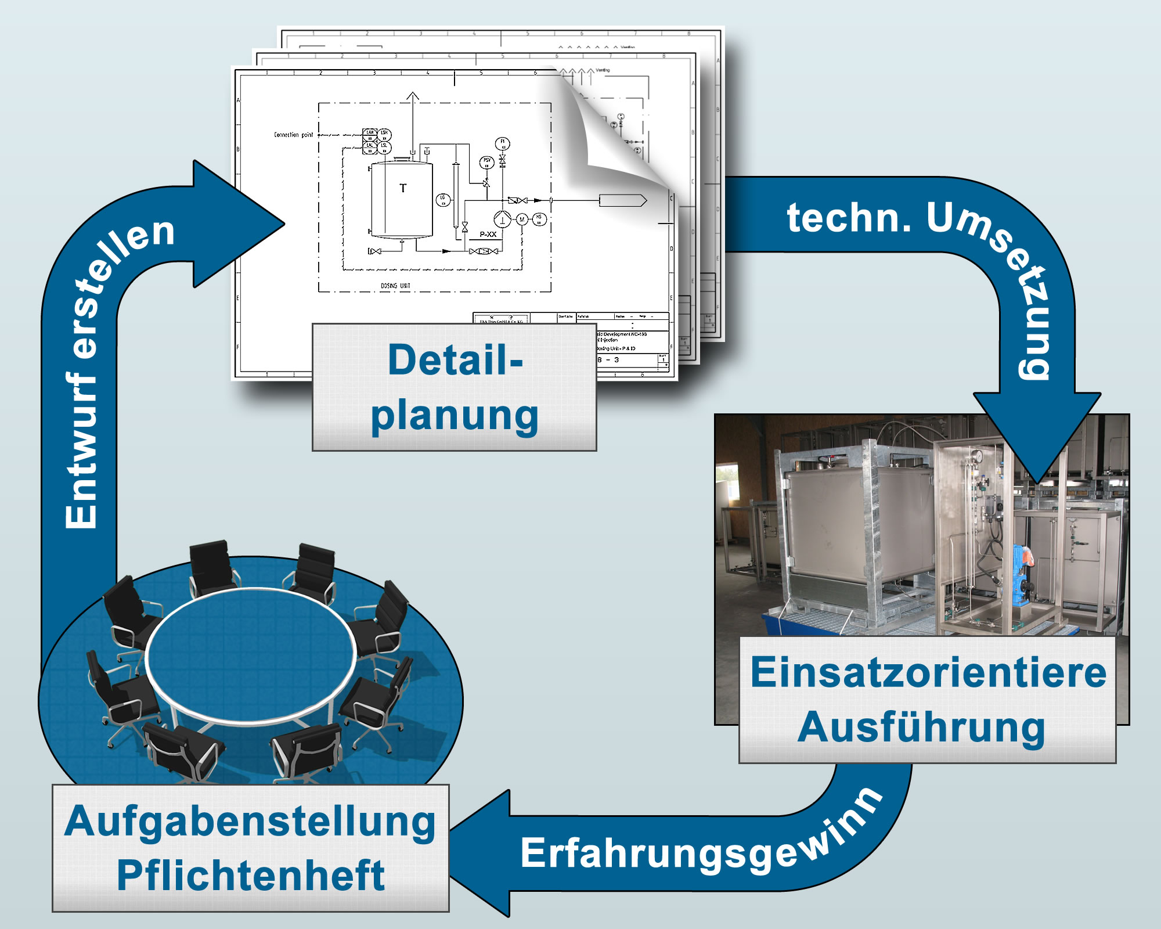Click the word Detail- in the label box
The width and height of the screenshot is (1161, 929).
(x=455, y=361)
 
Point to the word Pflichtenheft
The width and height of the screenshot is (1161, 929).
(x=250, y=876)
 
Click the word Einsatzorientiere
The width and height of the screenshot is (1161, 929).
(x=928, y=672)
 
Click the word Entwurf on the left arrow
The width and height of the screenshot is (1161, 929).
(x=81, y=453)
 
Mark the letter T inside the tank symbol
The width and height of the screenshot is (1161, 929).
(x=403, y=188)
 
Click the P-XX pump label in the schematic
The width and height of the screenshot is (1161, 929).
(x=488, y=235)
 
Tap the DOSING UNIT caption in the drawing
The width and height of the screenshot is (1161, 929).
(x=395, y=286)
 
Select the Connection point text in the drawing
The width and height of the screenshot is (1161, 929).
(x=293, y=135)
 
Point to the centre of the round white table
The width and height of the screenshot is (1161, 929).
(x=251, y=656)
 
